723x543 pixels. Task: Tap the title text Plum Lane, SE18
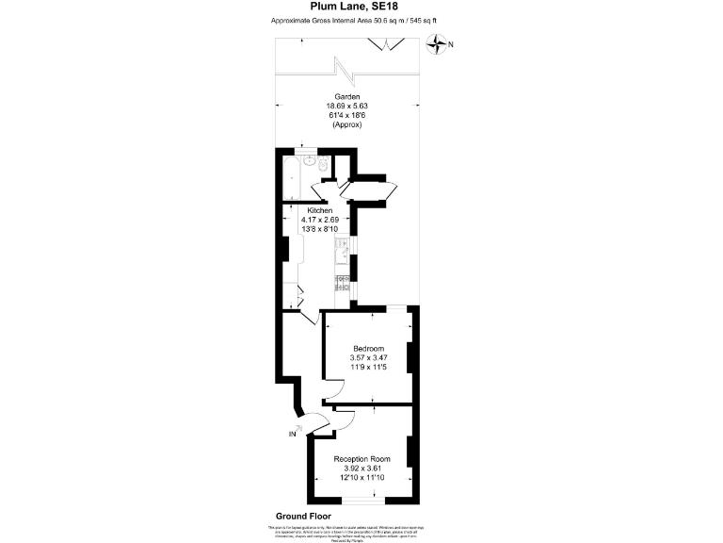tap(361, 8)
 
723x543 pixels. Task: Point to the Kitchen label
tap(320, 209)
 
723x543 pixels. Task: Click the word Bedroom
tap(368, 349)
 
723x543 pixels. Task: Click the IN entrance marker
tap(293, 434)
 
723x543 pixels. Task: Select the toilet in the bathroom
tap(323, 167)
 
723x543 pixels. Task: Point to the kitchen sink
tap(344, 251)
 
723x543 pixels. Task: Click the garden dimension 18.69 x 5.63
tap(348, 107)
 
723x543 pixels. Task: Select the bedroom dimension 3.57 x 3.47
tap(368, 358)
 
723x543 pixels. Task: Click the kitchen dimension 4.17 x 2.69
tap(320, 219)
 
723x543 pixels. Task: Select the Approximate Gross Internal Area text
tap(361, 20)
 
